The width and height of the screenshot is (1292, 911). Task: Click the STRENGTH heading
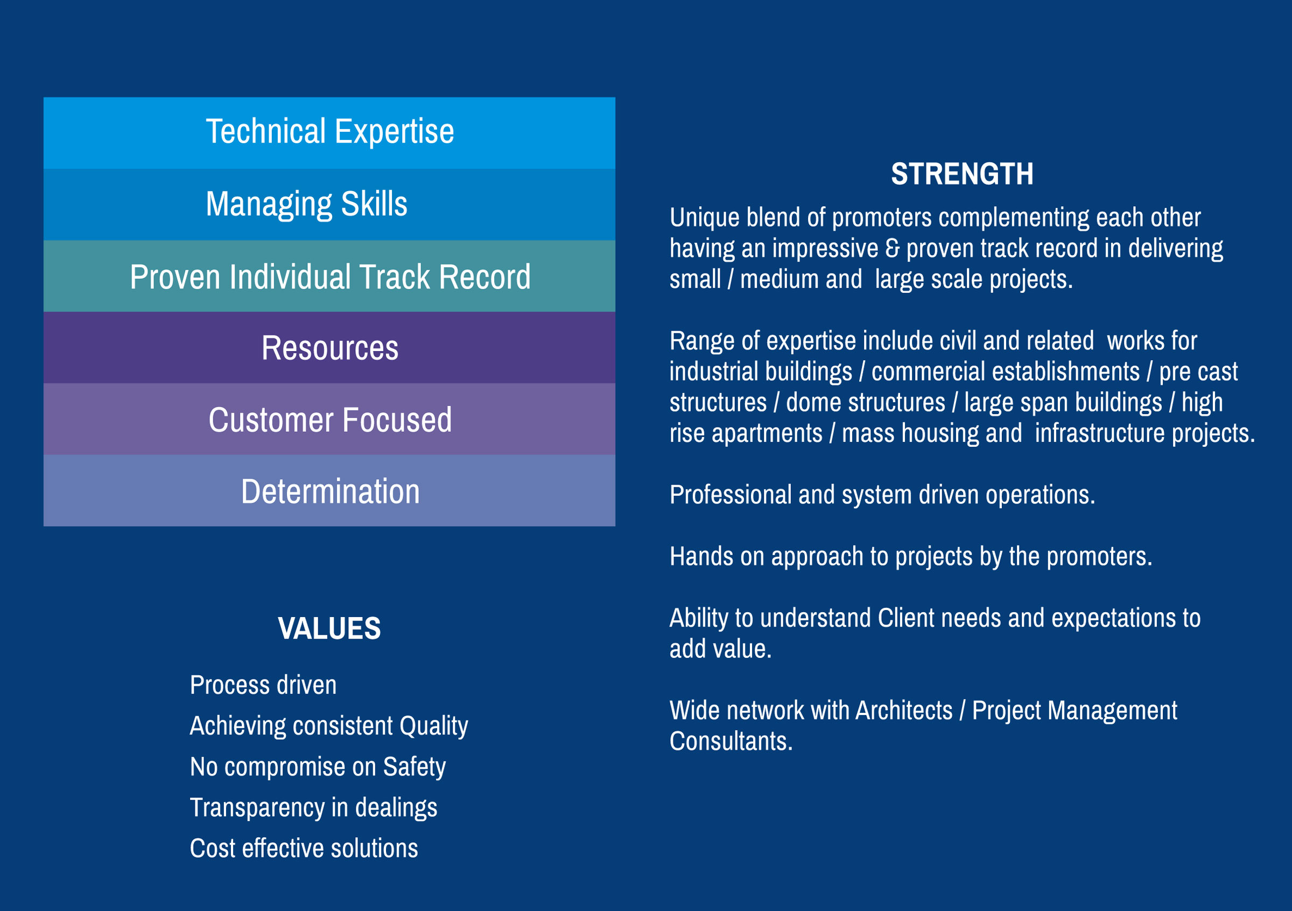[961, 174]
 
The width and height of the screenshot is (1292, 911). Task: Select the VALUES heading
[329, 628]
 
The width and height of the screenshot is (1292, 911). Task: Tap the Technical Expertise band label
[330, 131]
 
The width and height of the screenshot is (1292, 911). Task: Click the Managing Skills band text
[307, 204]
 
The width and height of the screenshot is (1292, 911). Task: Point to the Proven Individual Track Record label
[331, 276]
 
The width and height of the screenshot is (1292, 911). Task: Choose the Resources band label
[330, 348]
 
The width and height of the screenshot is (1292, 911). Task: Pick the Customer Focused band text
[330, 420]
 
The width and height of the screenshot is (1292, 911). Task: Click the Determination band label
[331, 491]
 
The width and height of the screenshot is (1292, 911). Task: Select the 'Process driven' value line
[263, 685]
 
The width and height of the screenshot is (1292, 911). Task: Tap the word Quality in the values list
[434, 726]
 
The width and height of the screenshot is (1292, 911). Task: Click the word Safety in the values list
[415, 767]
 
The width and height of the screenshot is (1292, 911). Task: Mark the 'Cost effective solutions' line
[304, 848]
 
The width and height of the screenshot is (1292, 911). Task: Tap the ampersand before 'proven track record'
[892, 249]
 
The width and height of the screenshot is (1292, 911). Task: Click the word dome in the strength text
[809, 402]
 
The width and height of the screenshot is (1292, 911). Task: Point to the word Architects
[904, 710]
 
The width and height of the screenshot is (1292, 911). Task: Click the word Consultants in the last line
[731, 741]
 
